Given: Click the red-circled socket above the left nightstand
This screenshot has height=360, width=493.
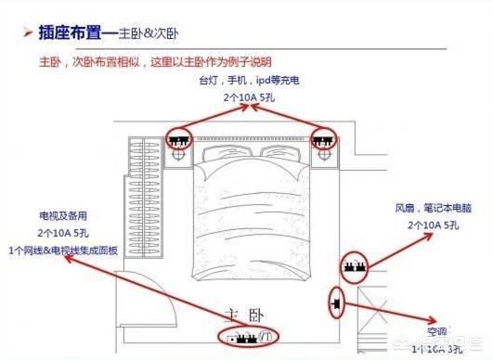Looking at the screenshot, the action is pyautogui.click(x=178, y=139).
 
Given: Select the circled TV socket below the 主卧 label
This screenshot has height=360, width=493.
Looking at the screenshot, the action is pyautogui.click(x=246, y=336).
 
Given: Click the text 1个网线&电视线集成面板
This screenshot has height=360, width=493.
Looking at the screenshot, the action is pyautogui.click(x=63, y=250).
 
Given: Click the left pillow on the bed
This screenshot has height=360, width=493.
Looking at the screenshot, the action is pyautogui.click(x=227, y=153).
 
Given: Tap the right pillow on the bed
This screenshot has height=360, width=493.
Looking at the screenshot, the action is pyautogui.click(x=276, y=153).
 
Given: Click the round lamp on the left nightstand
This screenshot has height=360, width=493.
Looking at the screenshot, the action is pyautogui.click(x=178, y=159).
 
